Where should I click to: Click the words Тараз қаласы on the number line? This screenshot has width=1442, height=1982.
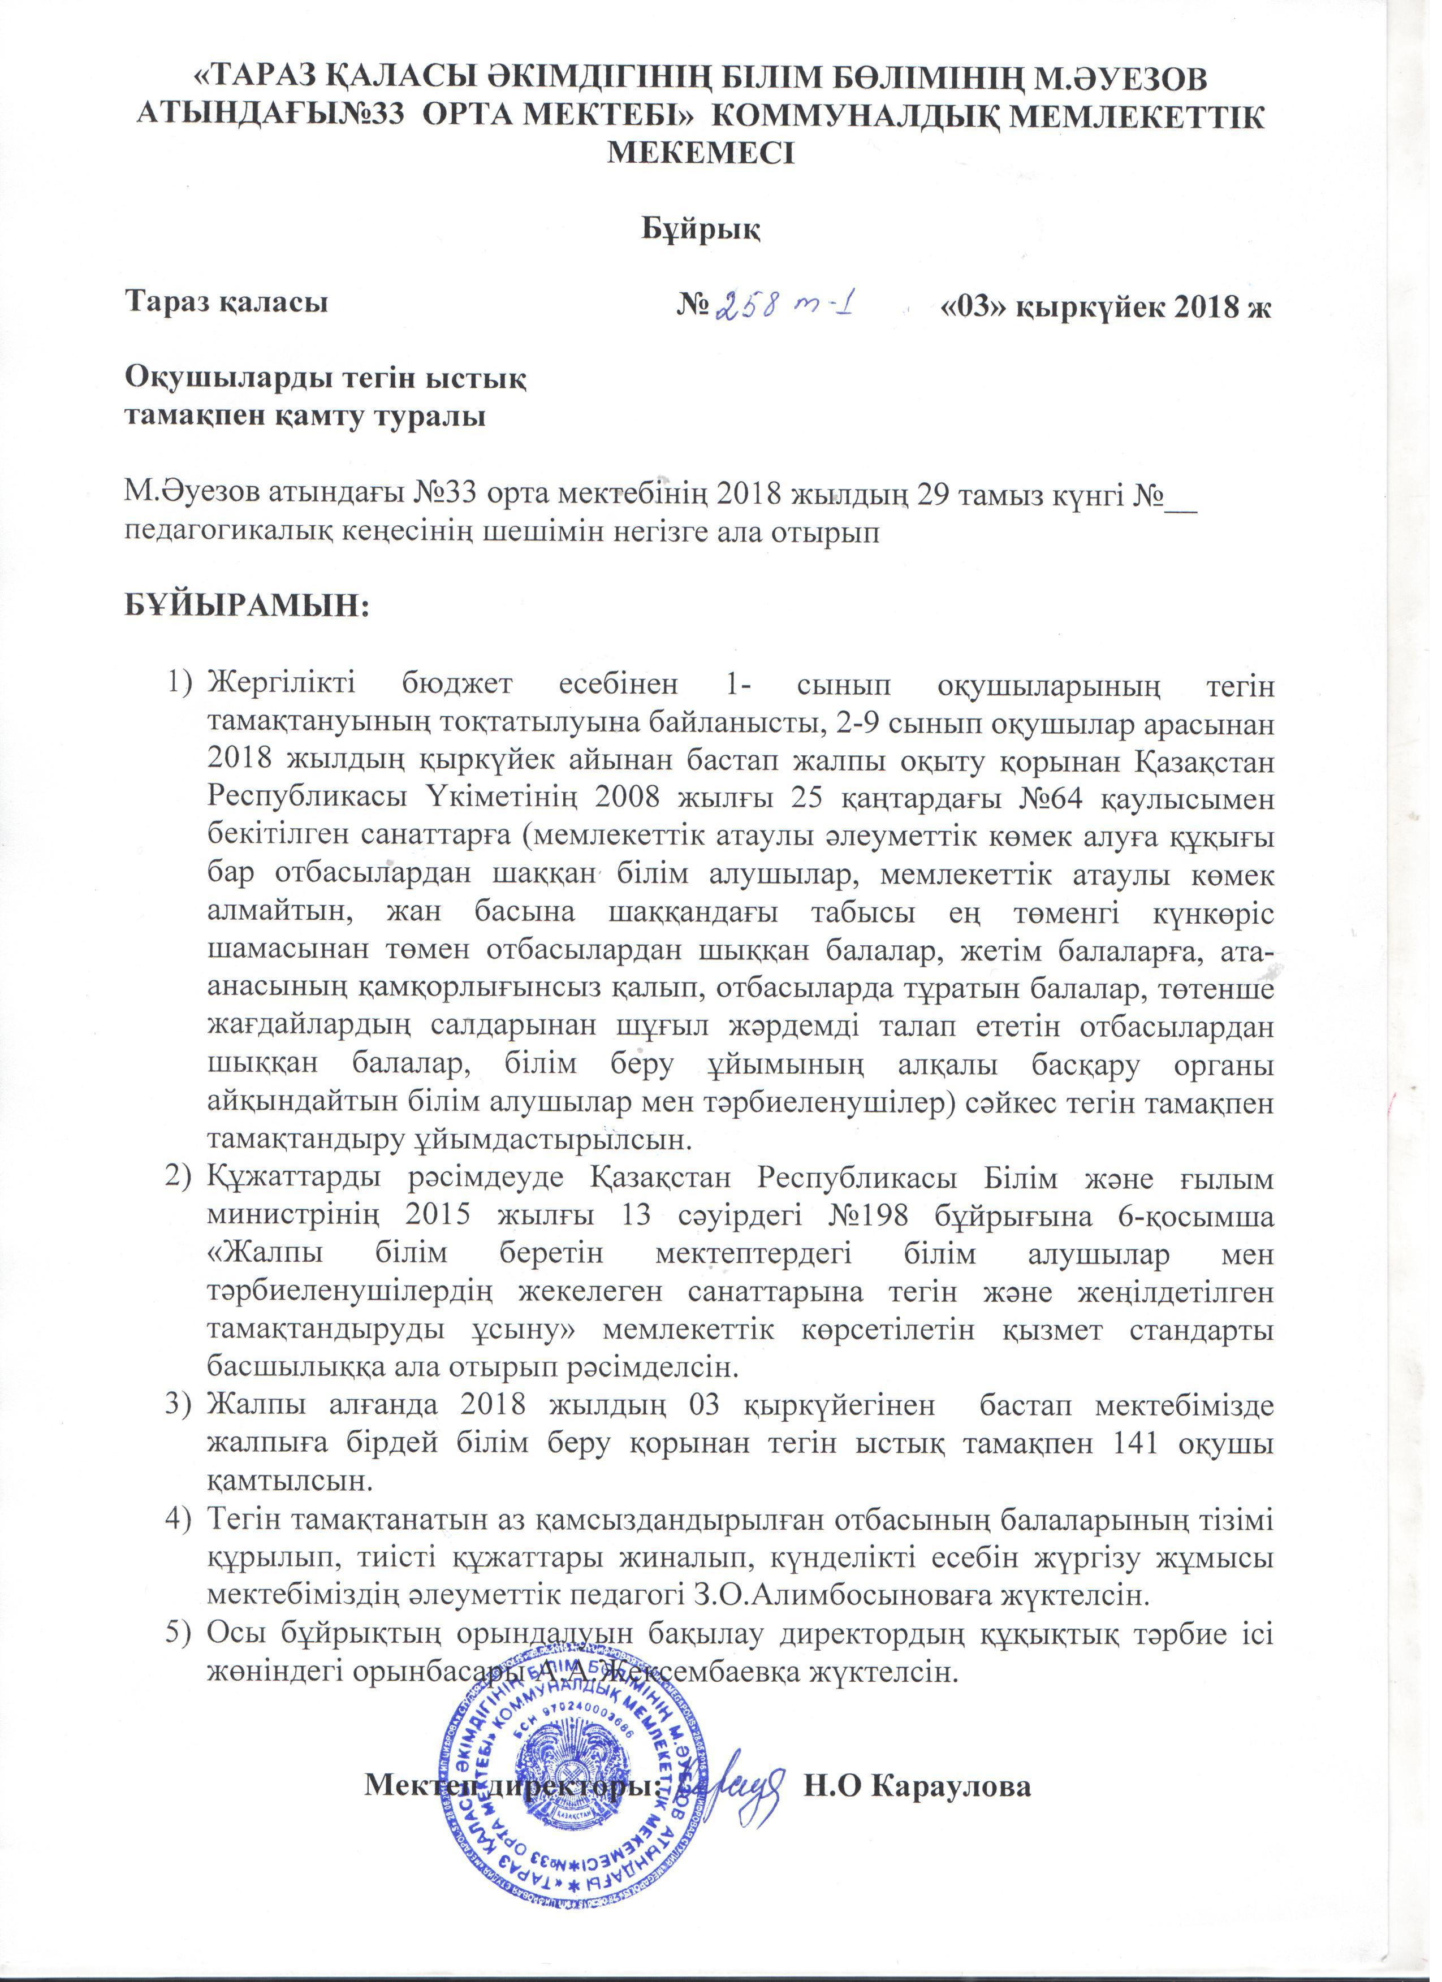(x=227, y=303)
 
